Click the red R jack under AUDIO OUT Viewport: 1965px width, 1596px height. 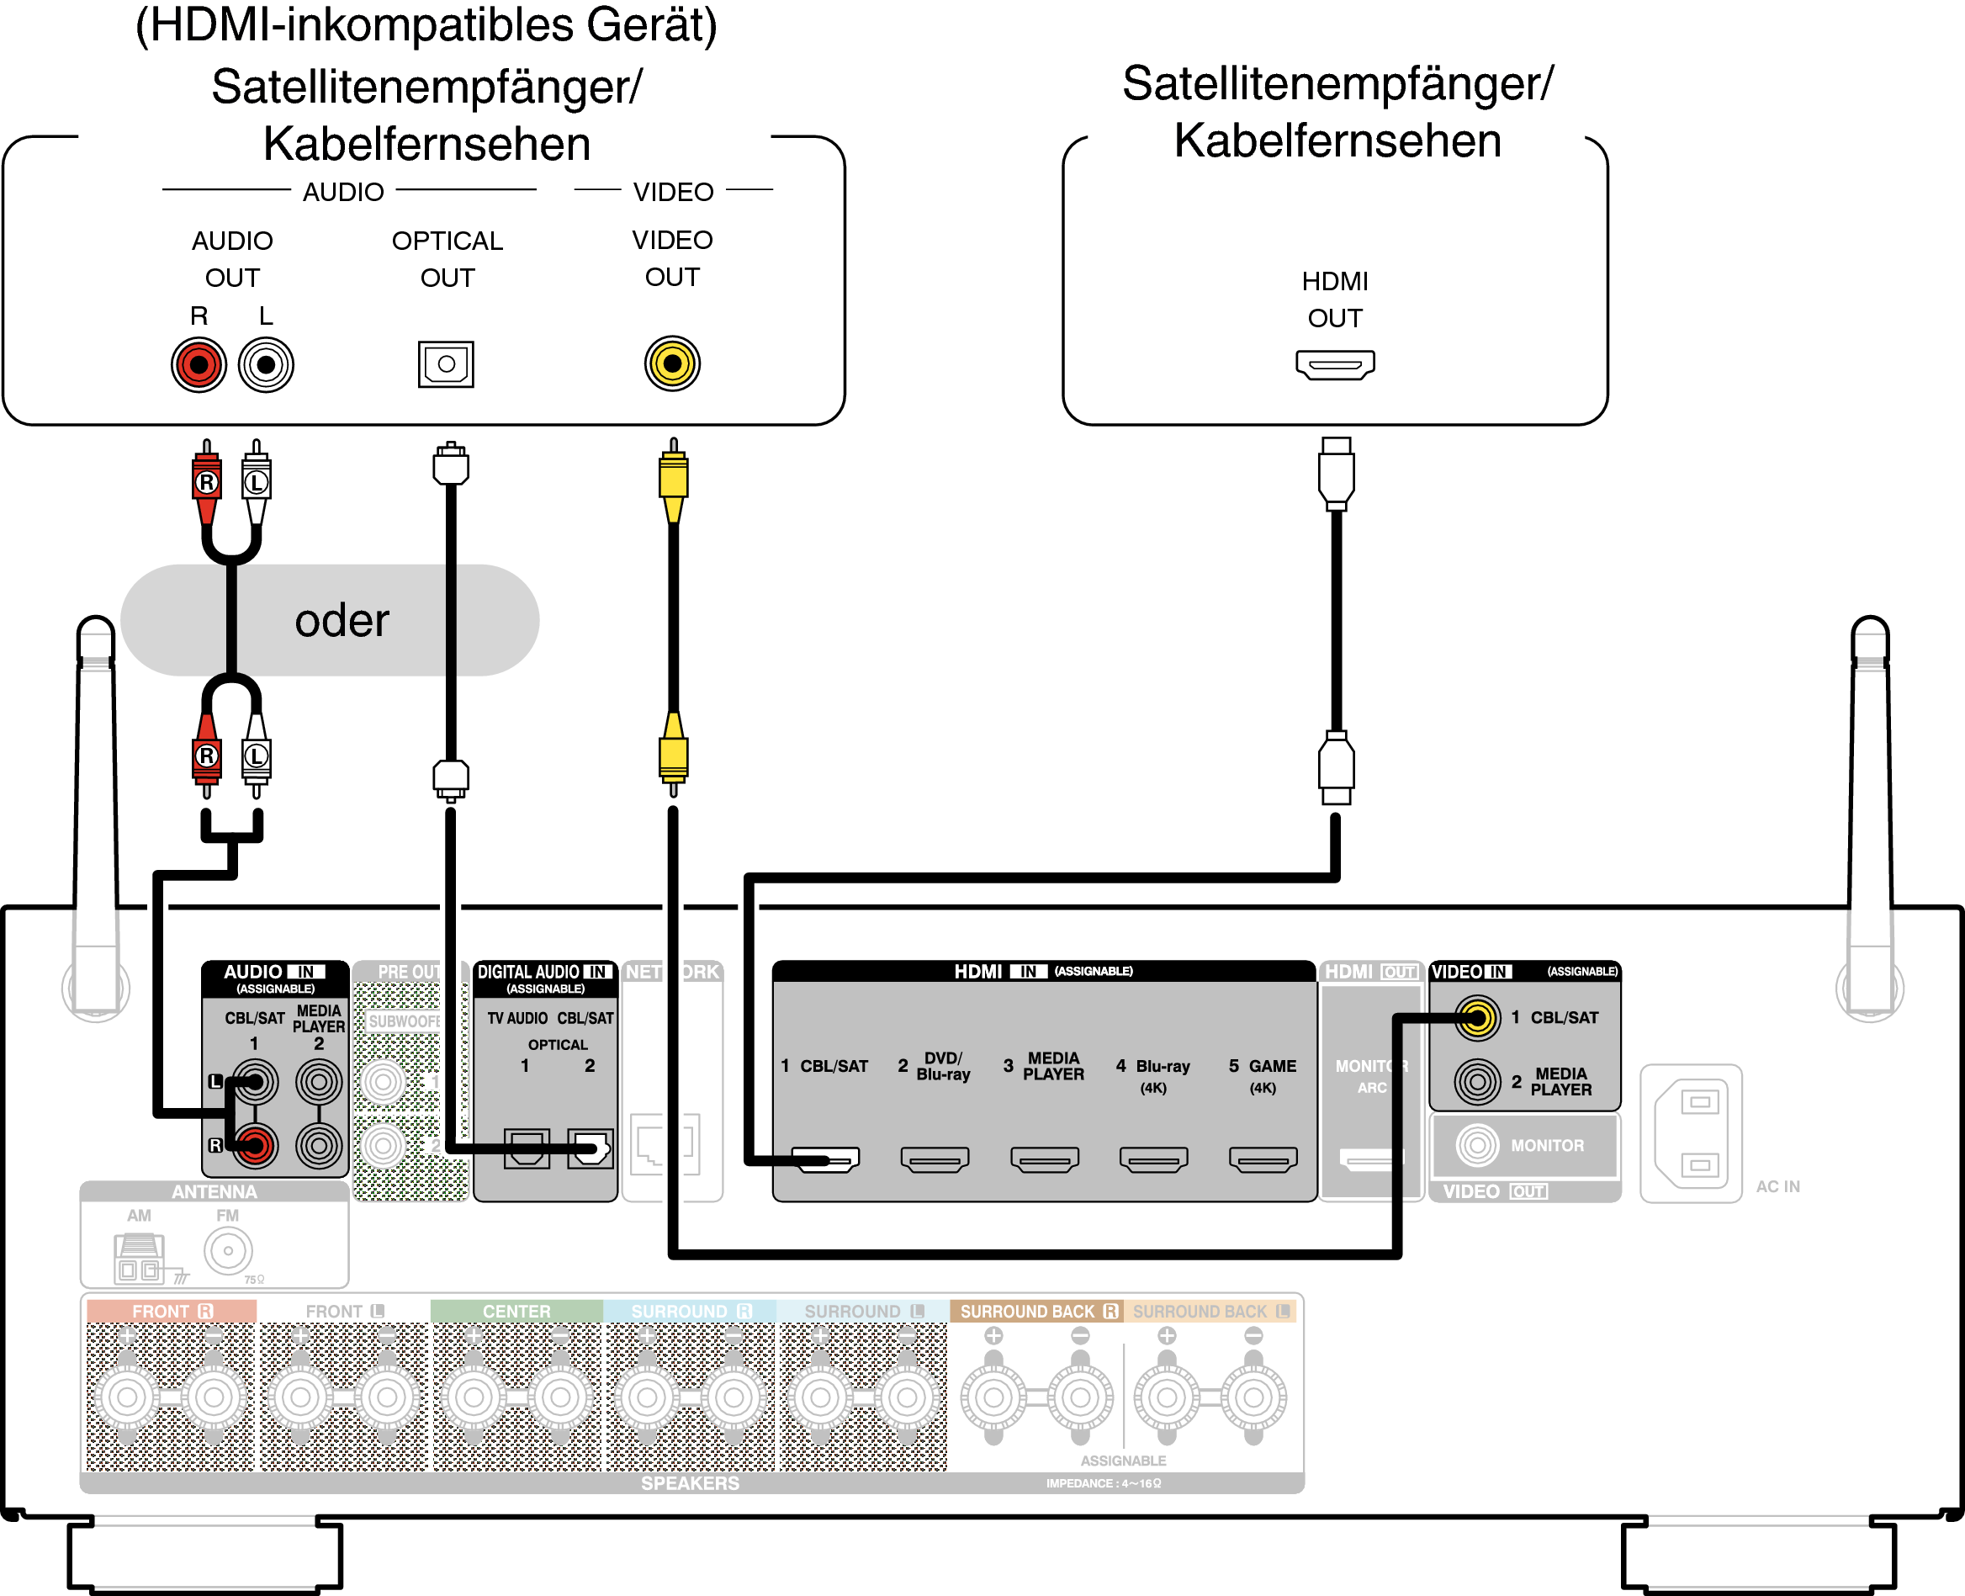[199, 365]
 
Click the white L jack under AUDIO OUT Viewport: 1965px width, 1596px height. [266, 365]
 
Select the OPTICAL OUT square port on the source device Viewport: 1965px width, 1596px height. [446, 364]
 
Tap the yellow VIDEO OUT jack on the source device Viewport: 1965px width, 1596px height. [672, 363]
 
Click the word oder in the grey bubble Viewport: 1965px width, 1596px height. [342, 621]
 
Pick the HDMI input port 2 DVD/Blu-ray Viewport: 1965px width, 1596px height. [935, 1159]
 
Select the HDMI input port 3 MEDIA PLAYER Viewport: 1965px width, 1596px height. [1044, 1159]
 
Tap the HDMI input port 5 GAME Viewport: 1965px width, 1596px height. [1263, 1159]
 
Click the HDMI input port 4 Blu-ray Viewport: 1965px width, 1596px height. [1153, 1159]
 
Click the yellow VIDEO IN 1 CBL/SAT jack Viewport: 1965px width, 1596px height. [1477, 1018]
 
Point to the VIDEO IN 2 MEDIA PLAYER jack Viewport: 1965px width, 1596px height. [1477, 1081]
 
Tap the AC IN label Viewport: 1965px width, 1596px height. [1777, 1187]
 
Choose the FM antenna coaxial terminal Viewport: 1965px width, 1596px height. [228, 1251]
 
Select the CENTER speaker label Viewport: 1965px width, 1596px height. [516, 1311]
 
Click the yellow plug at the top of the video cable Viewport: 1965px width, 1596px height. [674, 478]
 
